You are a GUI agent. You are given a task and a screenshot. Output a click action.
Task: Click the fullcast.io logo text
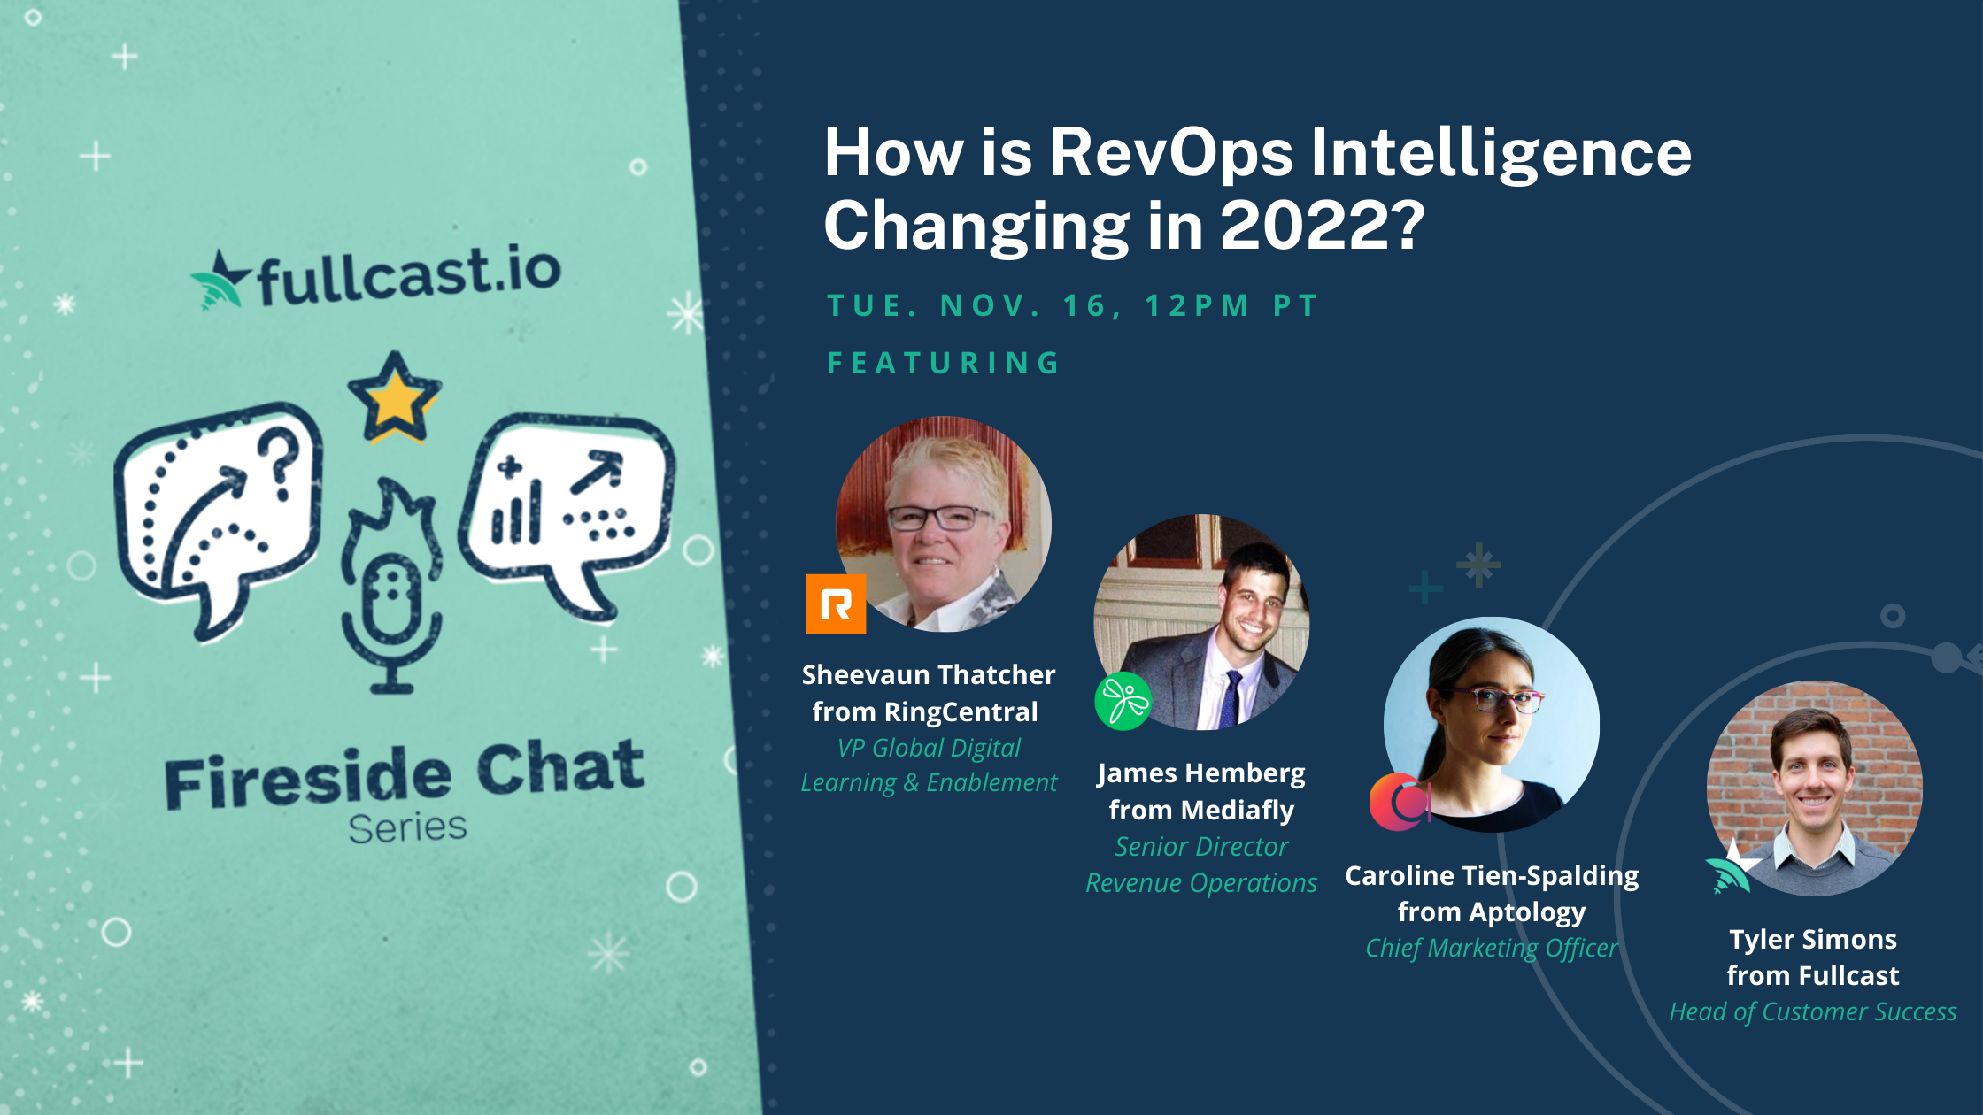[x=410, y=275]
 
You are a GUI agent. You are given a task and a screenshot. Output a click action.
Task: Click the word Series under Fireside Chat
[x=407, y=827]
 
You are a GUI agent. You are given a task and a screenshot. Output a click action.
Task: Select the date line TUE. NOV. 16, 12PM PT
[x=1072, y=305]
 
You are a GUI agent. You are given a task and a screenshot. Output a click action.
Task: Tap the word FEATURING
[x=944, y=363]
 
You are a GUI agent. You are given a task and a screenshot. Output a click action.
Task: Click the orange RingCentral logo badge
[x=836, y=604]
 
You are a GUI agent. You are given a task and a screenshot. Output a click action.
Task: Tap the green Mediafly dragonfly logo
[x=1123, y=702]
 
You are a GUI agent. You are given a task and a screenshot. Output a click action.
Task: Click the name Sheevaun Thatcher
[x=929, y=675]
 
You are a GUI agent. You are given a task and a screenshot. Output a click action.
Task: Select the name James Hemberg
[x=1201, y=773]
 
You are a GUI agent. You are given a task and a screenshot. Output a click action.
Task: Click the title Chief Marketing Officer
[x=1492, y=948]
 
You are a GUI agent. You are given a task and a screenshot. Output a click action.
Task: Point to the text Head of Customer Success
[x=1813, y=1011]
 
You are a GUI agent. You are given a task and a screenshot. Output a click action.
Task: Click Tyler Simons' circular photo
[x=1814, y=788]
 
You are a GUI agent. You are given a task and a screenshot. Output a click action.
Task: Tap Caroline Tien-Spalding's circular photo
[x=1492, y=724]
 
